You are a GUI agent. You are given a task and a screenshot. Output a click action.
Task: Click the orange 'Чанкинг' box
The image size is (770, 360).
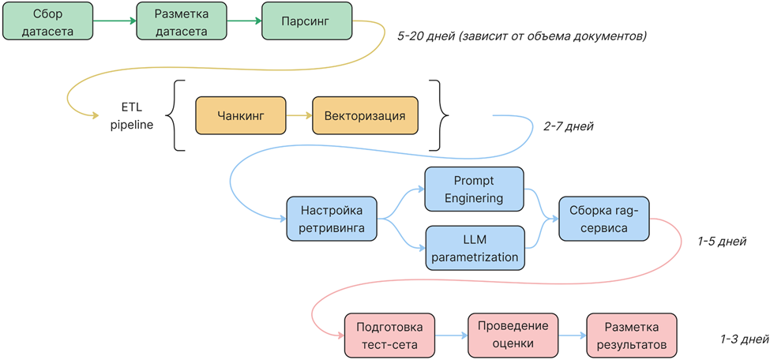pos(240,116)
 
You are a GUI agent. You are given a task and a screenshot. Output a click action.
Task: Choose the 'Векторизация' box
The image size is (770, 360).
pos(365,116)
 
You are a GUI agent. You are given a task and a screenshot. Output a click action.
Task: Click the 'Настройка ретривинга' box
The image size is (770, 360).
pos(331,219)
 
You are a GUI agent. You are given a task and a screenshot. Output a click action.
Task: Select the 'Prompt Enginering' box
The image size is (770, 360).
pos(474,189)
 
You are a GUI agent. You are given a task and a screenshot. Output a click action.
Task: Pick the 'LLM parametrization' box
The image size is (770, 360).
pos(474,248)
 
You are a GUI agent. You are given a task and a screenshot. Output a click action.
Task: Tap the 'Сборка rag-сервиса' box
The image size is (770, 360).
pos(603,219)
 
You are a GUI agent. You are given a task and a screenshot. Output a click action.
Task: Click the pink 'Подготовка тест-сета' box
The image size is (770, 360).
pos(389,336)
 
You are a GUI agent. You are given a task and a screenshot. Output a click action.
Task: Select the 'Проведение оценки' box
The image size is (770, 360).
pos(513,336)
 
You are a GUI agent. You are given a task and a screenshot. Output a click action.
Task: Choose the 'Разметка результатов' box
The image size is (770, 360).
pos(631,336)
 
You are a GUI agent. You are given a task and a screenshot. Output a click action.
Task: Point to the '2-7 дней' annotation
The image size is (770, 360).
pos(568,126)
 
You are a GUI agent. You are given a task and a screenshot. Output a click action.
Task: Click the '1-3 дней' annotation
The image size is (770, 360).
pos(743,339)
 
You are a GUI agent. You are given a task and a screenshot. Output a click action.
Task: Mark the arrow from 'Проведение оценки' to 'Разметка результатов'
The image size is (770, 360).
pos(572,336)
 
